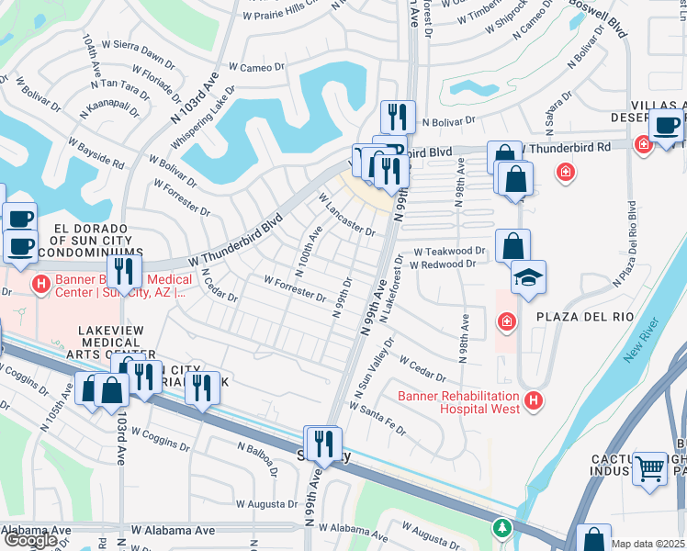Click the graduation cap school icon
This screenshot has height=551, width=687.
coord(528,276)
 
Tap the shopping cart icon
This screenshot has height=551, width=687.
coord(650,468)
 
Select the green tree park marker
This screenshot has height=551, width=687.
coord(501,528)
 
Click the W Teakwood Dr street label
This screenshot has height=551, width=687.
coord(448,251)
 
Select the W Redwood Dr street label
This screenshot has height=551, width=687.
coord(443,264)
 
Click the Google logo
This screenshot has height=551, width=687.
coord(30,540)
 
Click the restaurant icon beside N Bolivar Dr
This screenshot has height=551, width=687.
coord(398,117)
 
